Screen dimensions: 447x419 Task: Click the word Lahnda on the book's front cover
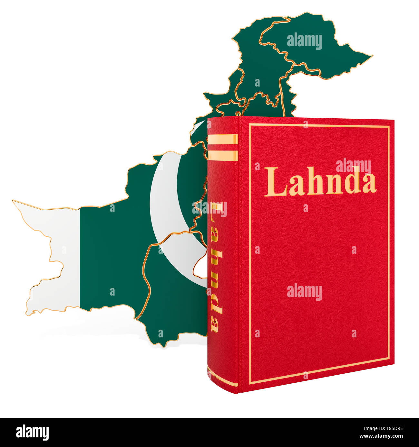(320, 181)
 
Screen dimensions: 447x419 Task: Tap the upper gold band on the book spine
(223, 139)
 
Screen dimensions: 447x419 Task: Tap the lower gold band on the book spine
(223, 155)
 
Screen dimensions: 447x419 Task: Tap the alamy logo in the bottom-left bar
(32, 432)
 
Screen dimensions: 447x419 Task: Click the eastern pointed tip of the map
(372, 56)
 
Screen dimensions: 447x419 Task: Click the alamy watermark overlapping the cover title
(353, 166)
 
